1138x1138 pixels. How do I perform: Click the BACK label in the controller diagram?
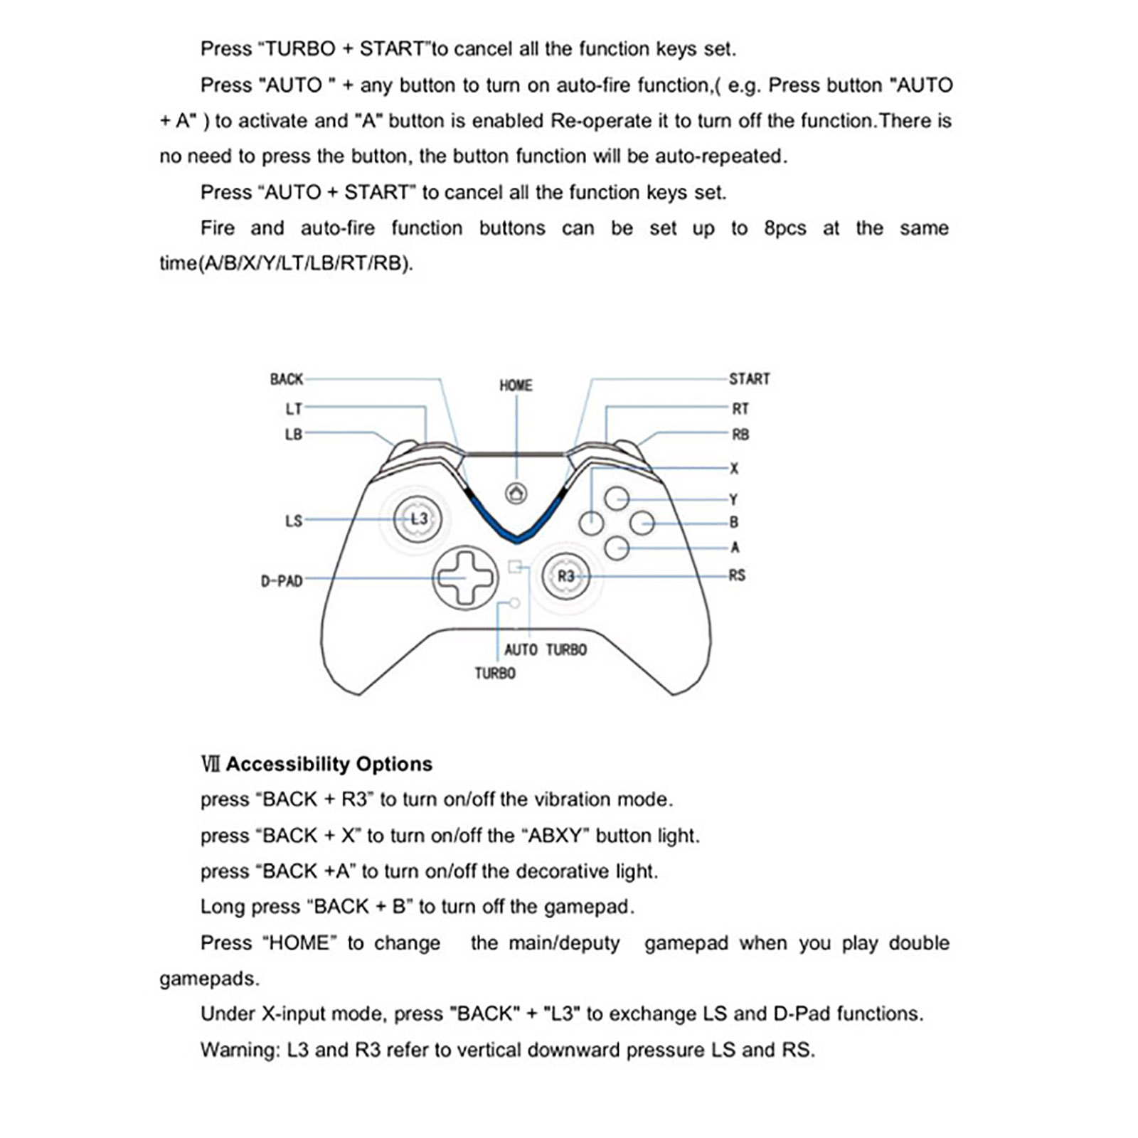[287, 379]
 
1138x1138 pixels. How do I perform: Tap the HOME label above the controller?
[516, 385]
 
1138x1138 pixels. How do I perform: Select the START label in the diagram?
[749, 379]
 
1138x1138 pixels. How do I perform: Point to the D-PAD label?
[282, 581]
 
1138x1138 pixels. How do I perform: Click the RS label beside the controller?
[737, 575]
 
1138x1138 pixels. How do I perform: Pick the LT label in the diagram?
[294, 409]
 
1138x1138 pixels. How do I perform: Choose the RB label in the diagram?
[740, 435]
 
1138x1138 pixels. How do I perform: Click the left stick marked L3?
[418, 519]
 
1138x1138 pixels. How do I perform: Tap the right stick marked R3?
[565, 576]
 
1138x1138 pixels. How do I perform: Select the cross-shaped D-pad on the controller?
[465, 578]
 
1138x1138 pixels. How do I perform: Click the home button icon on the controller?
[516, 493]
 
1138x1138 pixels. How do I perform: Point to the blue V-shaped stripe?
[516, 526]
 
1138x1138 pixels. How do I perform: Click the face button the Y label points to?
[617, 499]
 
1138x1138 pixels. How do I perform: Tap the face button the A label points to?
[617, 548]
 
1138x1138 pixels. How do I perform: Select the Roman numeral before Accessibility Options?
[211, 764]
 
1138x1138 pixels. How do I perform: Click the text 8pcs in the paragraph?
[785, 228]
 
